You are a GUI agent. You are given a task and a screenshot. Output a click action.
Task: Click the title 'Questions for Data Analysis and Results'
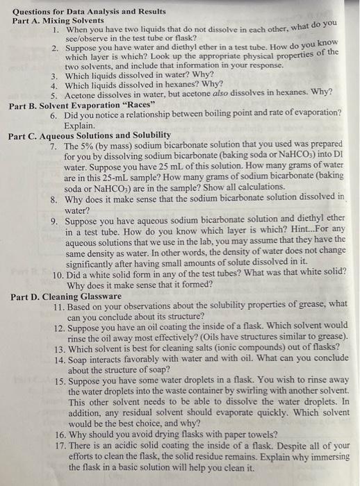point(90,12)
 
